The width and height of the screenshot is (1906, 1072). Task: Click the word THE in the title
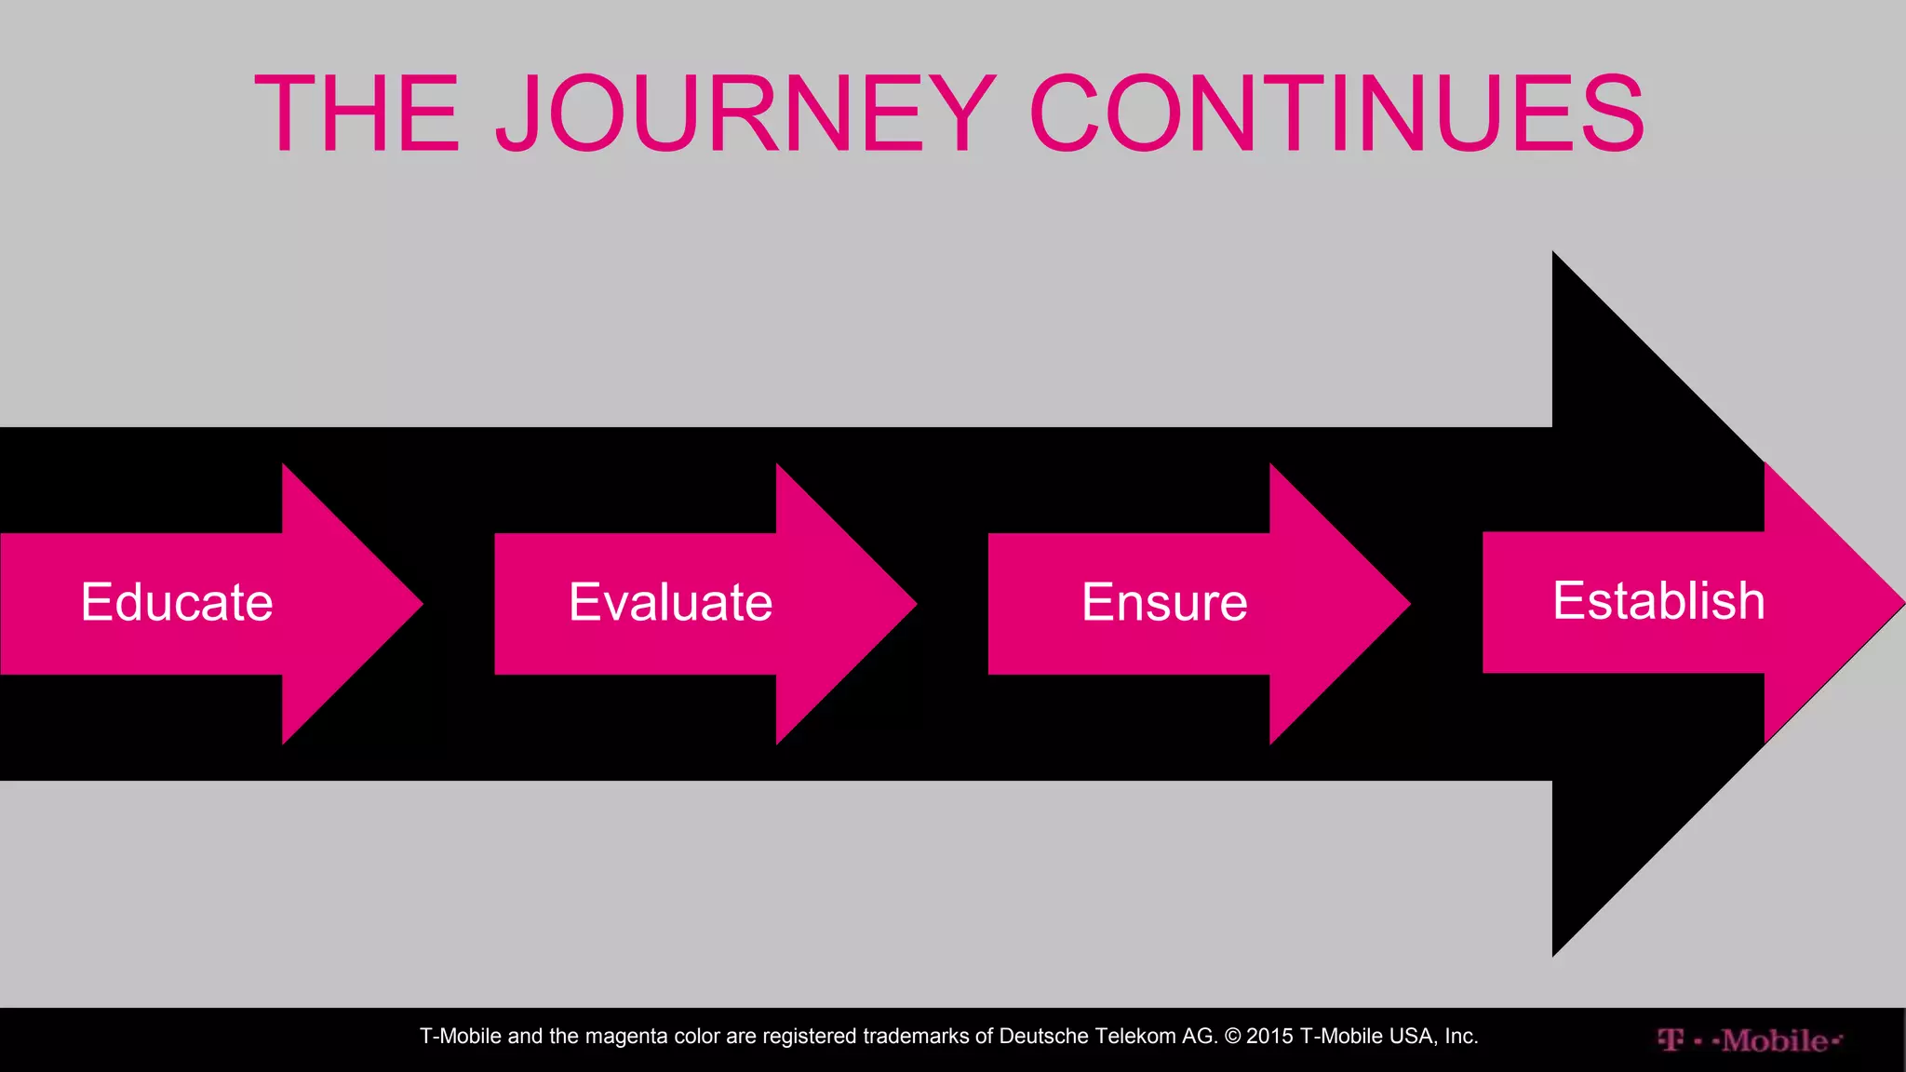tap(357, 114)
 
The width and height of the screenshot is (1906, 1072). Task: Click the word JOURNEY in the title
tap(745, 114)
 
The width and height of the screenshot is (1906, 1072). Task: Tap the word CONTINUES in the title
tap(1336, 114)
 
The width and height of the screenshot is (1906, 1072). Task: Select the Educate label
tap(177, 602)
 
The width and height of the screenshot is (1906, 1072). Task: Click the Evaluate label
tap(670, 602)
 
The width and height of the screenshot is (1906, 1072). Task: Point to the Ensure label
tap(1163, 602)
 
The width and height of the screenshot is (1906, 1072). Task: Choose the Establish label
tap(1658, 600)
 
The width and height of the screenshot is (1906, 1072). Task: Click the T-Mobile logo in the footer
tap(1749, 1040)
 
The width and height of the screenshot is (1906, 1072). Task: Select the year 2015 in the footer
tap(1269, 1037)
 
